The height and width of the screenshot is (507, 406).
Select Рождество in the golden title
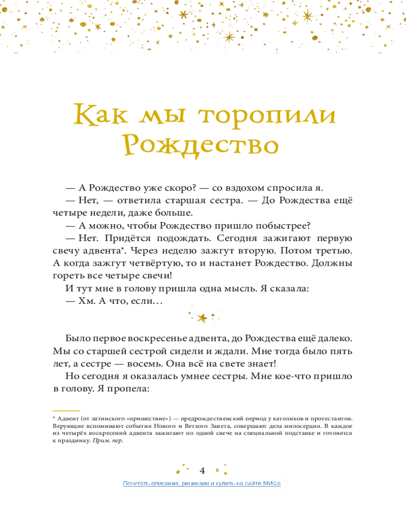click(201, 145)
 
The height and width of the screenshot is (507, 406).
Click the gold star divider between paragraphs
click(202, 318)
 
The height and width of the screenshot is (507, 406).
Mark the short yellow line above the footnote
click(66, 411)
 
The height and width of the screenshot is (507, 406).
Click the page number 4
click(202, 469)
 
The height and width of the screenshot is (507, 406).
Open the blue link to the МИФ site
click(202, 484)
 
